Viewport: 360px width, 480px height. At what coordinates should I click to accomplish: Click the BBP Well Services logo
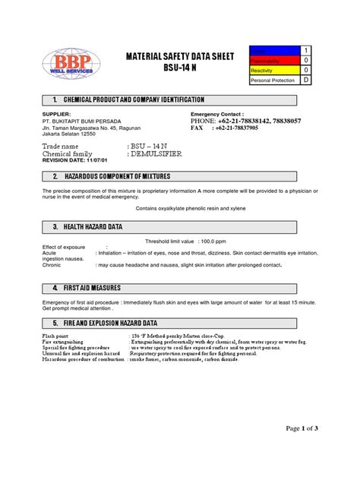[68, 65]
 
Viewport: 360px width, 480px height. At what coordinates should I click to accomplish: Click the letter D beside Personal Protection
[307, 79]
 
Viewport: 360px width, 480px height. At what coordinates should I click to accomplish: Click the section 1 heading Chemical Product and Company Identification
[134, 100]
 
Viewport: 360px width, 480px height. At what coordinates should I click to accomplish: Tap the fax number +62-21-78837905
[257, 128]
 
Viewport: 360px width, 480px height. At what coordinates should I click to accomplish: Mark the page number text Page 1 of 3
[302, 429]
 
